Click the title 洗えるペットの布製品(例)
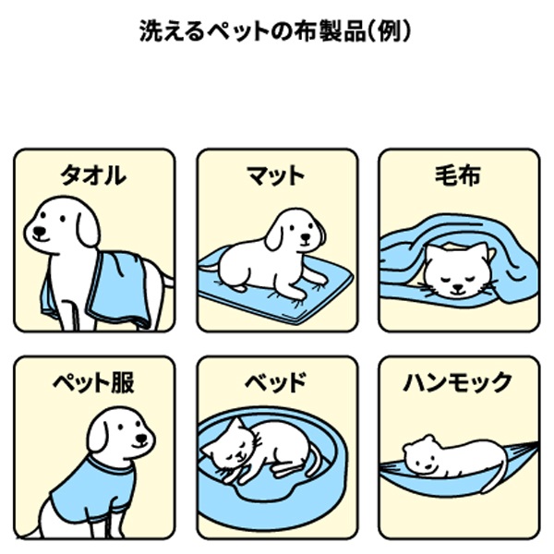tap(275, 31)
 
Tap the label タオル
tap(93, 175)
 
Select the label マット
tap(276, 175)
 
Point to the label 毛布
tap(458, 175)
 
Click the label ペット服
tap(93, 382)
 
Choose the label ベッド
tap(276, 382)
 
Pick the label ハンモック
tap(458, 382)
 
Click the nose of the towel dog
tap(39, 231)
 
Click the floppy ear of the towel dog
tap(88, 229)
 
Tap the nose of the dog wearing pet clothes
tap(141, 438)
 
